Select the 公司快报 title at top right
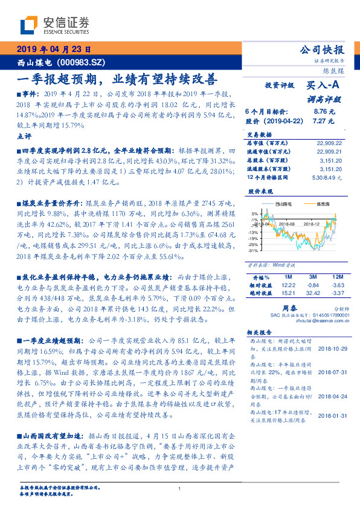(x=322, y=50)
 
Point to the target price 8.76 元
(x=324, y=112)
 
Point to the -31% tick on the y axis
(x=253, y=250)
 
